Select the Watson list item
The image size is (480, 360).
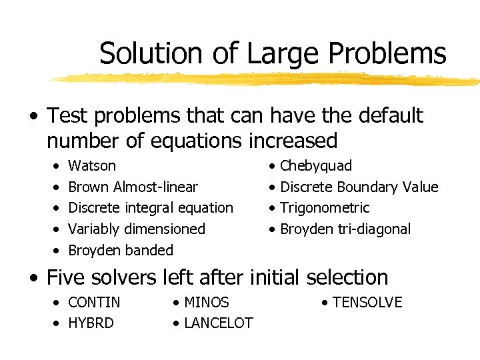[92, 166]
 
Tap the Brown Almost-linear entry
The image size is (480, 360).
[133, 187]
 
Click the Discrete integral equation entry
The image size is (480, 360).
[151, 208]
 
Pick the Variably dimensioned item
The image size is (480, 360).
[137, 229]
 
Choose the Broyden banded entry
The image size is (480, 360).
[121, 251]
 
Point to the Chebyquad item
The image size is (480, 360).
[316, 166]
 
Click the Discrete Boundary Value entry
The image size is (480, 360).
[359, 187]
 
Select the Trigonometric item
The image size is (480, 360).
[325, 208]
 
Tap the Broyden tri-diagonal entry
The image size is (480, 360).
[345, 229]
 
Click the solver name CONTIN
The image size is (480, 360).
[95, 303]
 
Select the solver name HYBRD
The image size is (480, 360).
[91, 323]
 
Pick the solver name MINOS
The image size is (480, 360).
[206, 303]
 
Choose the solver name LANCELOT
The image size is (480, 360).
[218, 323]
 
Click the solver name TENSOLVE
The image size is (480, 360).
[367, 303]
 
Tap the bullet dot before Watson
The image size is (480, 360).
[57, 166]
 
